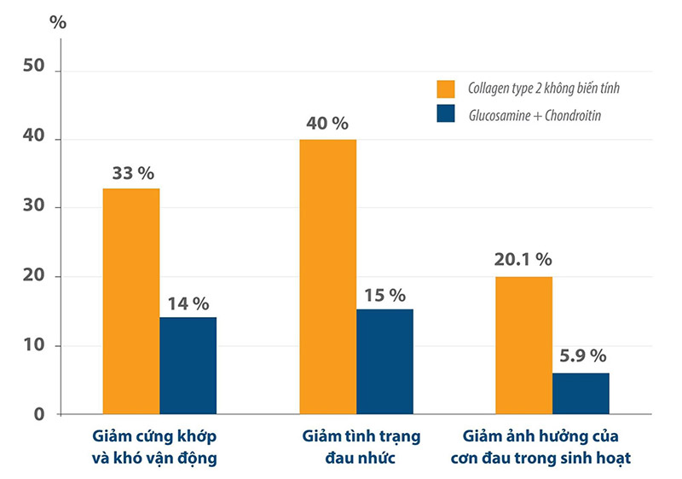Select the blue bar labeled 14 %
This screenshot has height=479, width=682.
click(188, 366)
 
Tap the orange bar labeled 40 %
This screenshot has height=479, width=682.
click(327, 277)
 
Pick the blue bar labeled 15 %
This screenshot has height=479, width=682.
click(384, 361)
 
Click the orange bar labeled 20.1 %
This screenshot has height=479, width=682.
click(523, 345)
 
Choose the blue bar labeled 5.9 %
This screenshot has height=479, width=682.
click(581, 394)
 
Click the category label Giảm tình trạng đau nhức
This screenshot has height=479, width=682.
click(361, 447)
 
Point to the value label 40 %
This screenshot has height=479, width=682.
click(327, 124)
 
